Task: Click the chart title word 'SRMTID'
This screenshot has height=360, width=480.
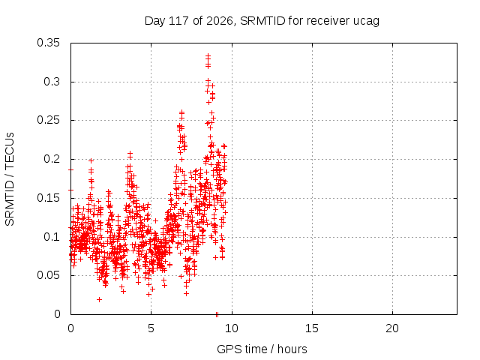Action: coord(262,21)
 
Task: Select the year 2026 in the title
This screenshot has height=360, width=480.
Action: coord(220,21)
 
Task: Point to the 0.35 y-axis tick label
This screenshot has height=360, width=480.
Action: coord(48,43)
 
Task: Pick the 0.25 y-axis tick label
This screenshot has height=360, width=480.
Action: coord(48,120)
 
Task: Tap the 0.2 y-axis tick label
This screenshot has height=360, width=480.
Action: coord(52,159)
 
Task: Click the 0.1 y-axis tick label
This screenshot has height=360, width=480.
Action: coord(52,237)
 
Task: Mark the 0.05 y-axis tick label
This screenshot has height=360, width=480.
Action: coord(48,275)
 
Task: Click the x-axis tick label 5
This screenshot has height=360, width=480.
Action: coord(151,328)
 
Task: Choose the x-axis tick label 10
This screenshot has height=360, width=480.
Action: coord(232,328)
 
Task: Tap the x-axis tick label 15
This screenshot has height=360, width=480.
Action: coord(312,328)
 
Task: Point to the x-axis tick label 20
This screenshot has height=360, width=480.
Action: coord(392,328)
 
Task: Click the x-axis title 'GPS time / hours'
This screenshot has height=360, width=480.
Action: coord(262,349)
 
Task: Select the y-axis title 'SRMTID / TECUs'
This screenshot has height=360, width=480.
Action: coord(10,179)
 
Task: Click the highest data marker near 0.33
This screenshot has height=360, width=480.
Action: coord(208,55)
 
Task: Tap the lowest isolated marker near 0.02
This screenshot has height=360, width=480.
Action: coord(99,299)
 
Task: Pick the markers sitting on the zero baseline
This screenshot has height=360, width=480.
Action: coord(217,314)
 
